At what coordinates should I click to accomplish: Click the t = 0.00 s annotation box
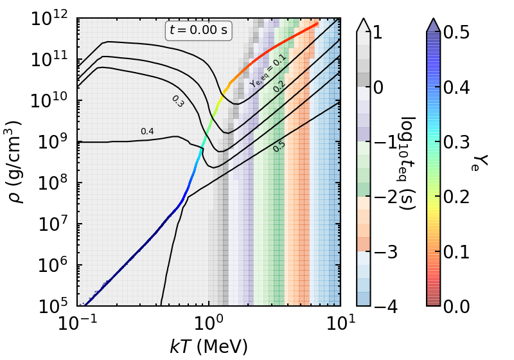click(199, 30)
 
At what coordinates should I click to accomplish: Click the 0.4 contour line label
click(147, 132)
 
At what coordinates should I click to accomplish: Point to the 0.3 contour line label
click(177, 101)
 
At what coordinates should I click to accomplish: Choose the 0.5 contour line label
click(279, 147)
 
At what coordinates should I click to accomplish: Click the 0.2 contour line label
click(279, 85)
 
